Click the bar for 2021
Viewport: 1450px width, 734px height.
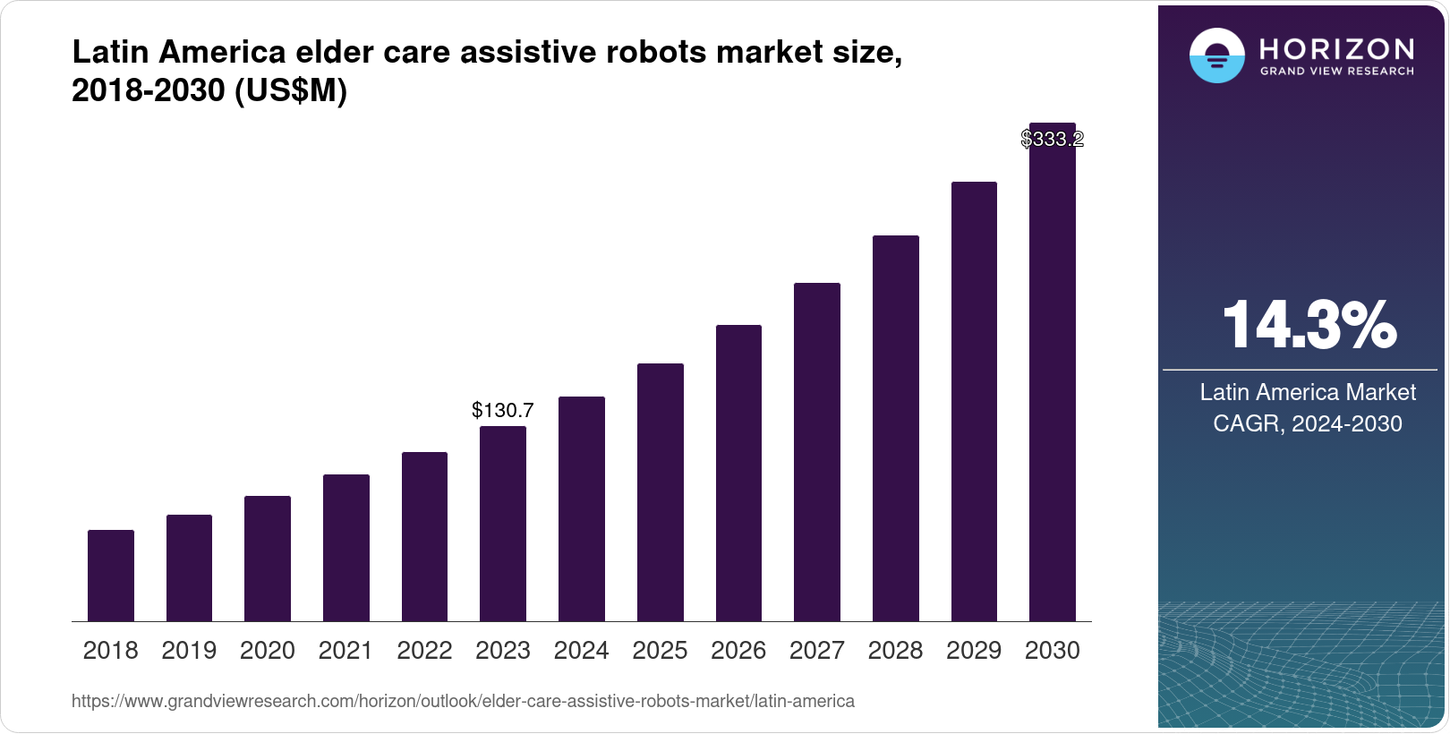346,548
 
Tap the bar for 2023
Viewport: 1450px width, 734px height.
503,524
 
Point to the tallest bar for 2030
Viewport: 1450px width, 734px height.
1053,376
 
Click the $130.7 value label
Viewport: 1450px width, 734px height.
503,410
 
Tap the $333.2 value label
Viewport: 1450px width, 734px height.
1053,139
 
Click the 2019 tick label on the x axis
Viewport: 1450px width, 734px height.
189,651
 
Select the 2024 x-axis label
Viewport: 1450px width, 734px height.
582,651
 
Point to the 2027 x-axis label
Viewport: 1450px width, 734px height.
817,651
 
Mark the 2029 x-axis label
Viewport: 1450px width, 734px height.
974,651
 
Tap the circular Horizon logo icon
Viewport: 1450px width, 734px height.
1216,55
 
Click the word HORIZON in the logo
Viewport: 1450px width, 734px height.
1337,48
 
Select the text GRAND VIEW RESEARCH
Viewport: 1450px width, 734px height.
1337,72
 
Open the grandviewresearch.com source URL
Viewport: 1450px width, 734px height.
463,701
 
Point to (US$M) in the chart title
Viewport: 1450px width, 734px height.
290,90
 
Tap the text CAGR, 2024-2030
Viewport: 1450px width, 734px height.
1308,423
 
